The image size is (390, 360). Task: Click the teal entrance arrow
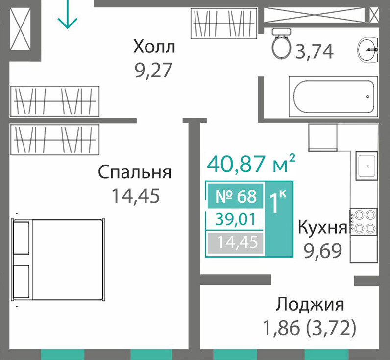[x=68, y=14]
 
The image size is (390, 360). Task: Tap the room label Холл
[x=154, y=47]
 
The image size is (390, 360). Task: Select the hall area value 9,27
[x=153, y=70]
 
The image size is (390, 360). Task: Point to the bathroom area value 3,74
[x=314, y=52]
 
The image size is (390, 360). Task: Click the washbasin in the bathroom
[x=368, y=49]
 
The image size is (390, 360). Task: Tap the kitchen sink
[x=366, y=166]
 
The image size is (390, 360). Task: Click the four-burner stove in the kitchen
[x=364, y=221]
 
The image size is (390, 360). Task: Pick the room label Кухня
[x=322, y=227]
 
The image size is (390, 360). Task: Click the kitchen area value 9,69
[x=323, y=251]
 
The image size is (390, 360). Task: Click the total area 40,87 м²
[x=251, y=163]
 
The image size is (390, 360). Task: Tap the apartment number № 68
[x=236, y=196]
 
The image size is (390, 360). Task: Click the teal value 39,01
[x=236, y=220]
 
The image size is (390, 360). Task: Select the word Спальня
[x=135, y=172]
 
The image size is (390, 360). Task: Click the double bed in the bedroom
[x=58, y=260]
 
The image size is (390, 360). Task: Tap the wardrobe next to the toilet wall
[x=224, y=24]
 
